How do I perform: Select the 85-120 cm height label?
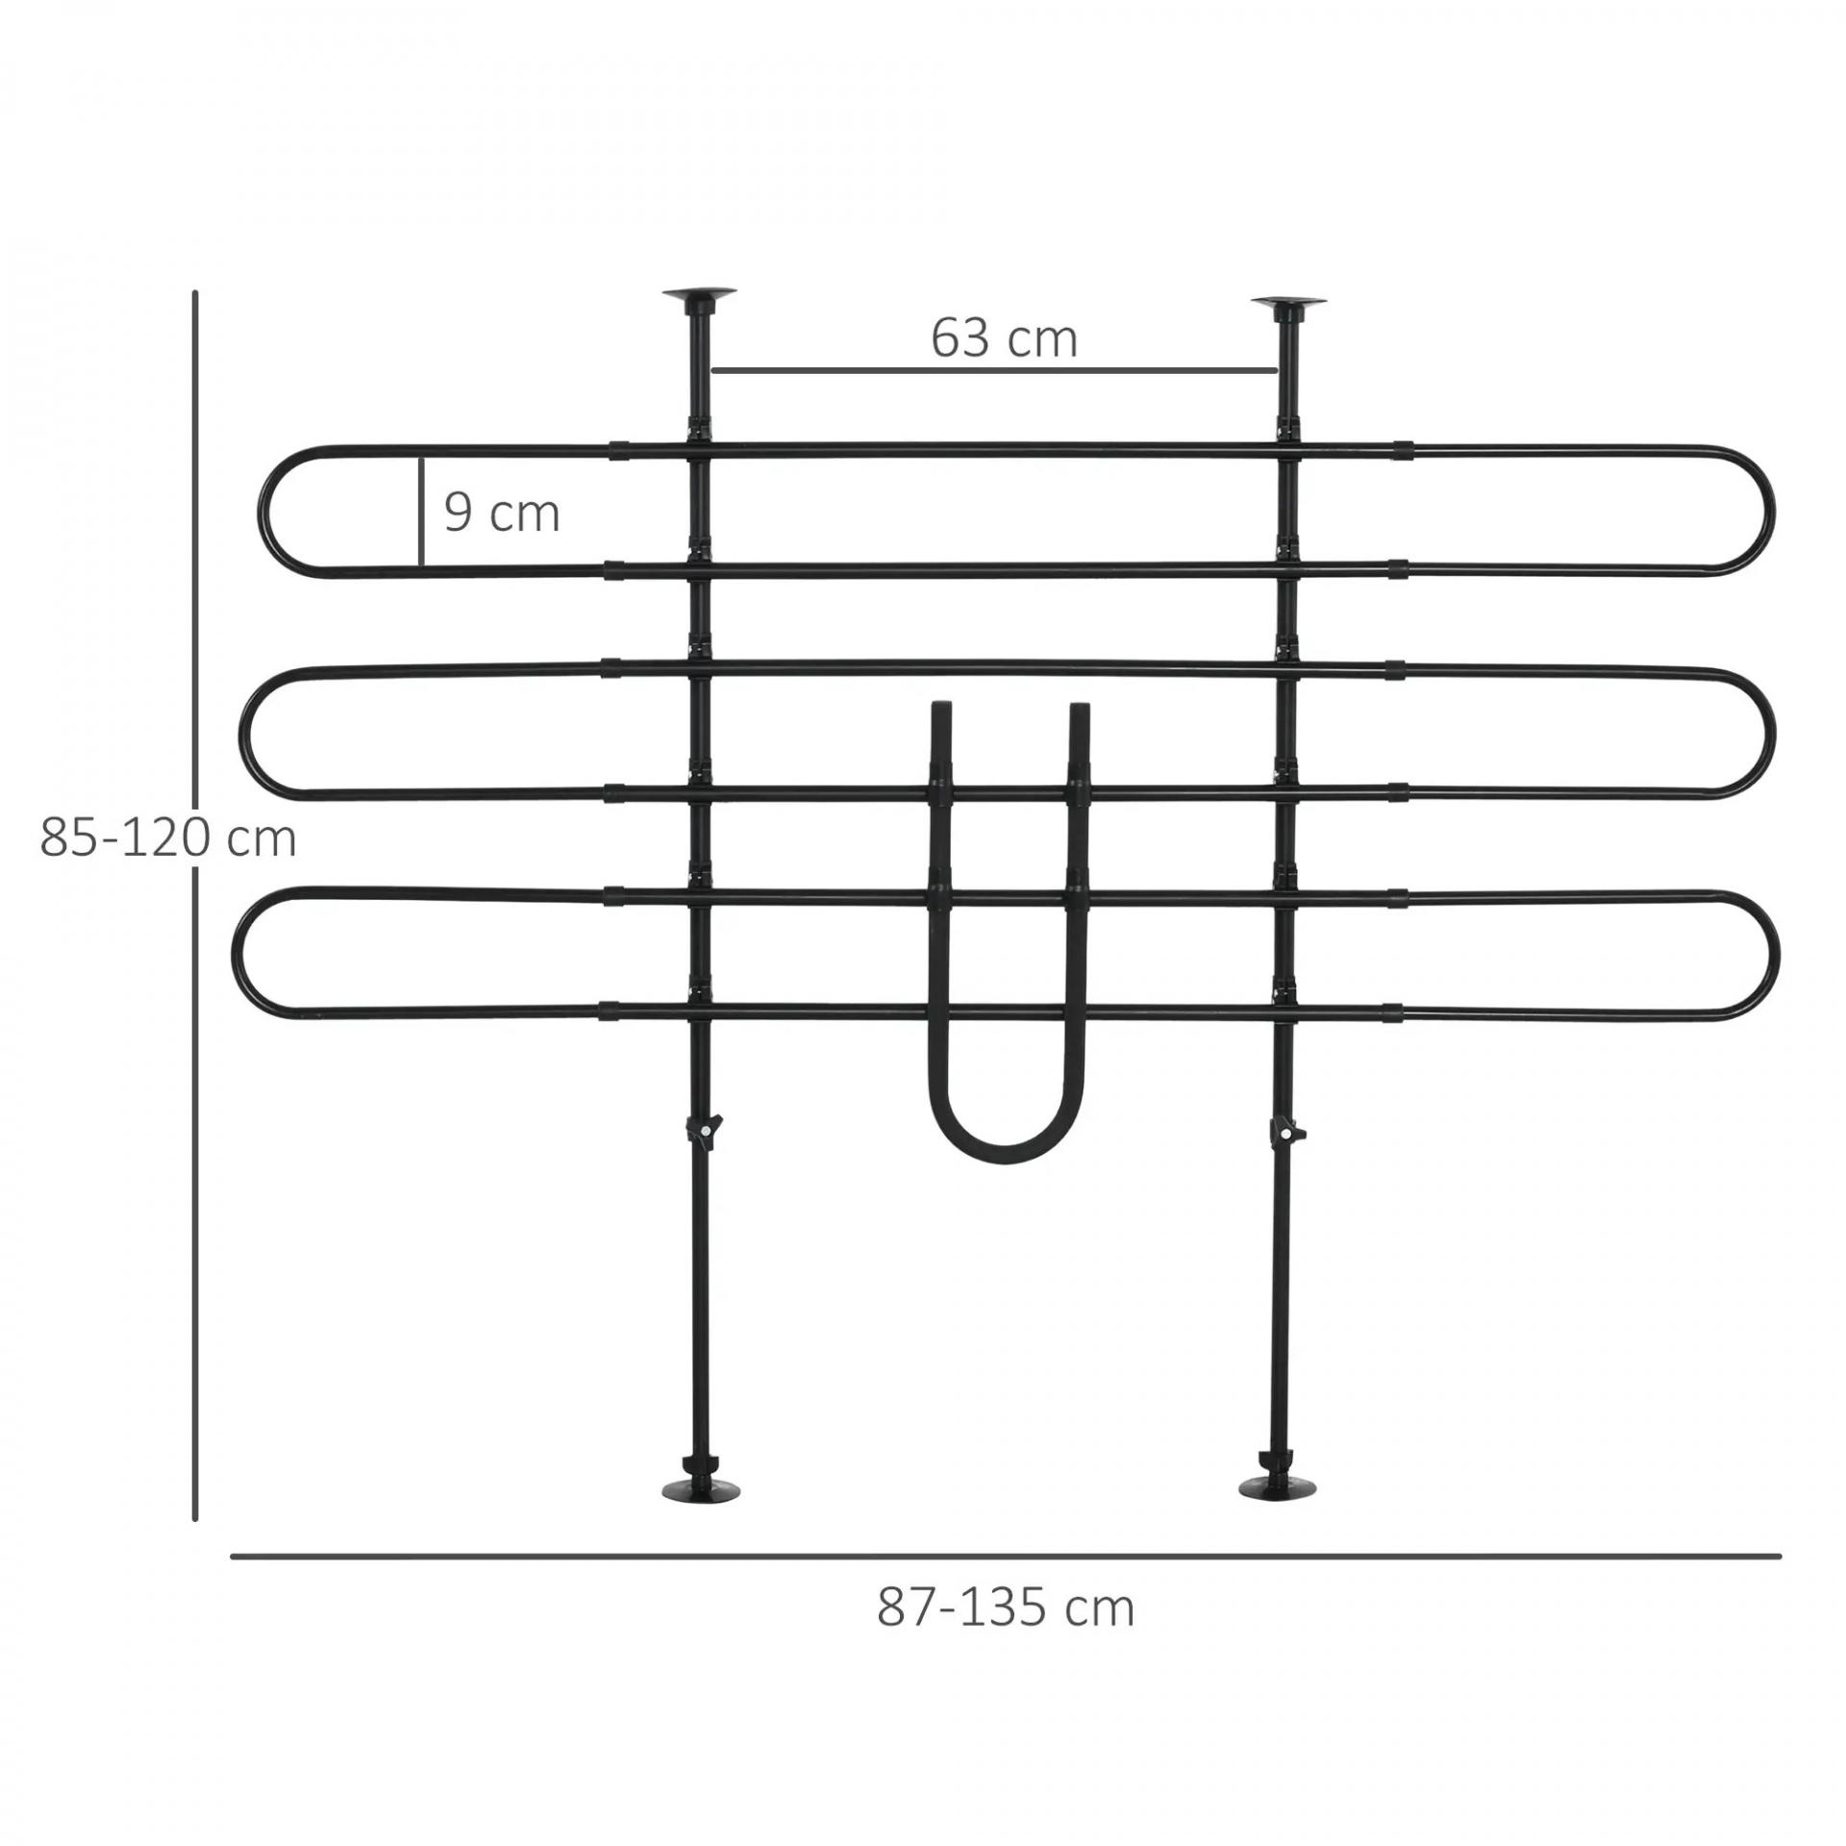pos(168,838)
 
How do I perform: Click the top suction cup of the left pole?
pos(701,297)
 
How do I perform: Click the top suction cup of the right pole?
pos(1288,306)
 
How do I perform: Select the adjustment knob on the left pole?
pos(706,1129)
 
